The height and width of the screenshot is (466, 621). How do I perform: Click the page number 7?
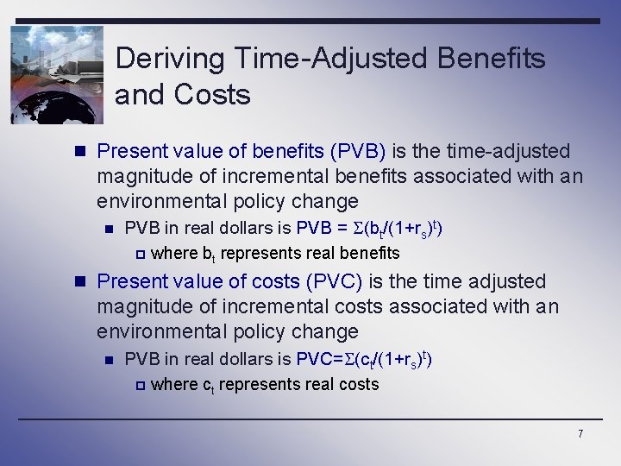point(580,433)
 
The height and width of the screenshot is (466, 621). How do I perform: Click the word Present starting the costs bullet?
point(129,282)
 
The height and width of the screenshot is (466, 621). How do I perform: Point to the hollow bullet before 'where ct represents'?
point(140,385)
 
